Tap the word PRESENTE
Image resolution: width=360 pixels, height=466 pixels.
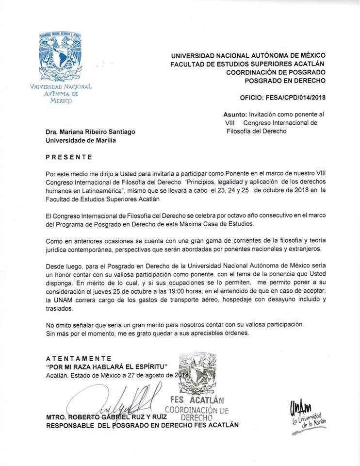point(68,157)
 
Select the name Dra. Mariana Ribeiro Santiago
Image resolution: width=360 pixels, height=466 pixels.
point(91,132)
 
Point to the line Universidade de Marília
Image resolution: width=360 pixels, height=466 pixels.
point(81,141)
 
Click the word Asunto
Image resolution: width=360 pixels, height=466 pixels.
point(235,114)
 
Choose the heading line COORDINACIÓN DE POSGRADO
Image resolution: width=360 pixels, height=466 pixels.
point(276,72)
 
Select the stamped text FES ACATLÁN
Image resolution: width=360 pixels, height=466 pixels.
point(196,400)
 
